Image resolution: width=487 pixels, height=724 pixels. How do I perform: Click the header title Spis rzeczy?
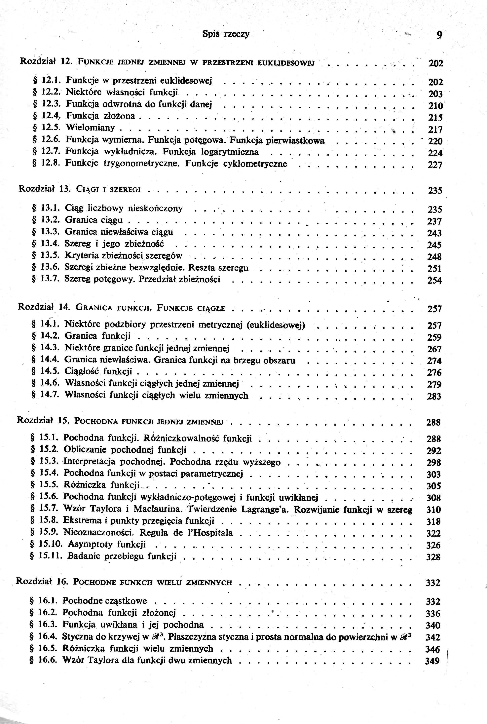point(226,34)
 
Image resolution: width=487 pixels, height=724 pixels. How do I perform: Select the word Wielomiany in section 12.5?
point(90,128)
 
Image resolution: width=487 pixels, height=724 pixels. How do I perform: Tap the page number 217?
point(435,129)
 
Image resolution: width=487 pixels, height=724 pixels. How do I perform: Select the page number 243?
point(434,233)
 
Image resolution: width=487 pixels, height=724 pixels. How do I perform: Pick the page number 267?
point(434,349)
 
